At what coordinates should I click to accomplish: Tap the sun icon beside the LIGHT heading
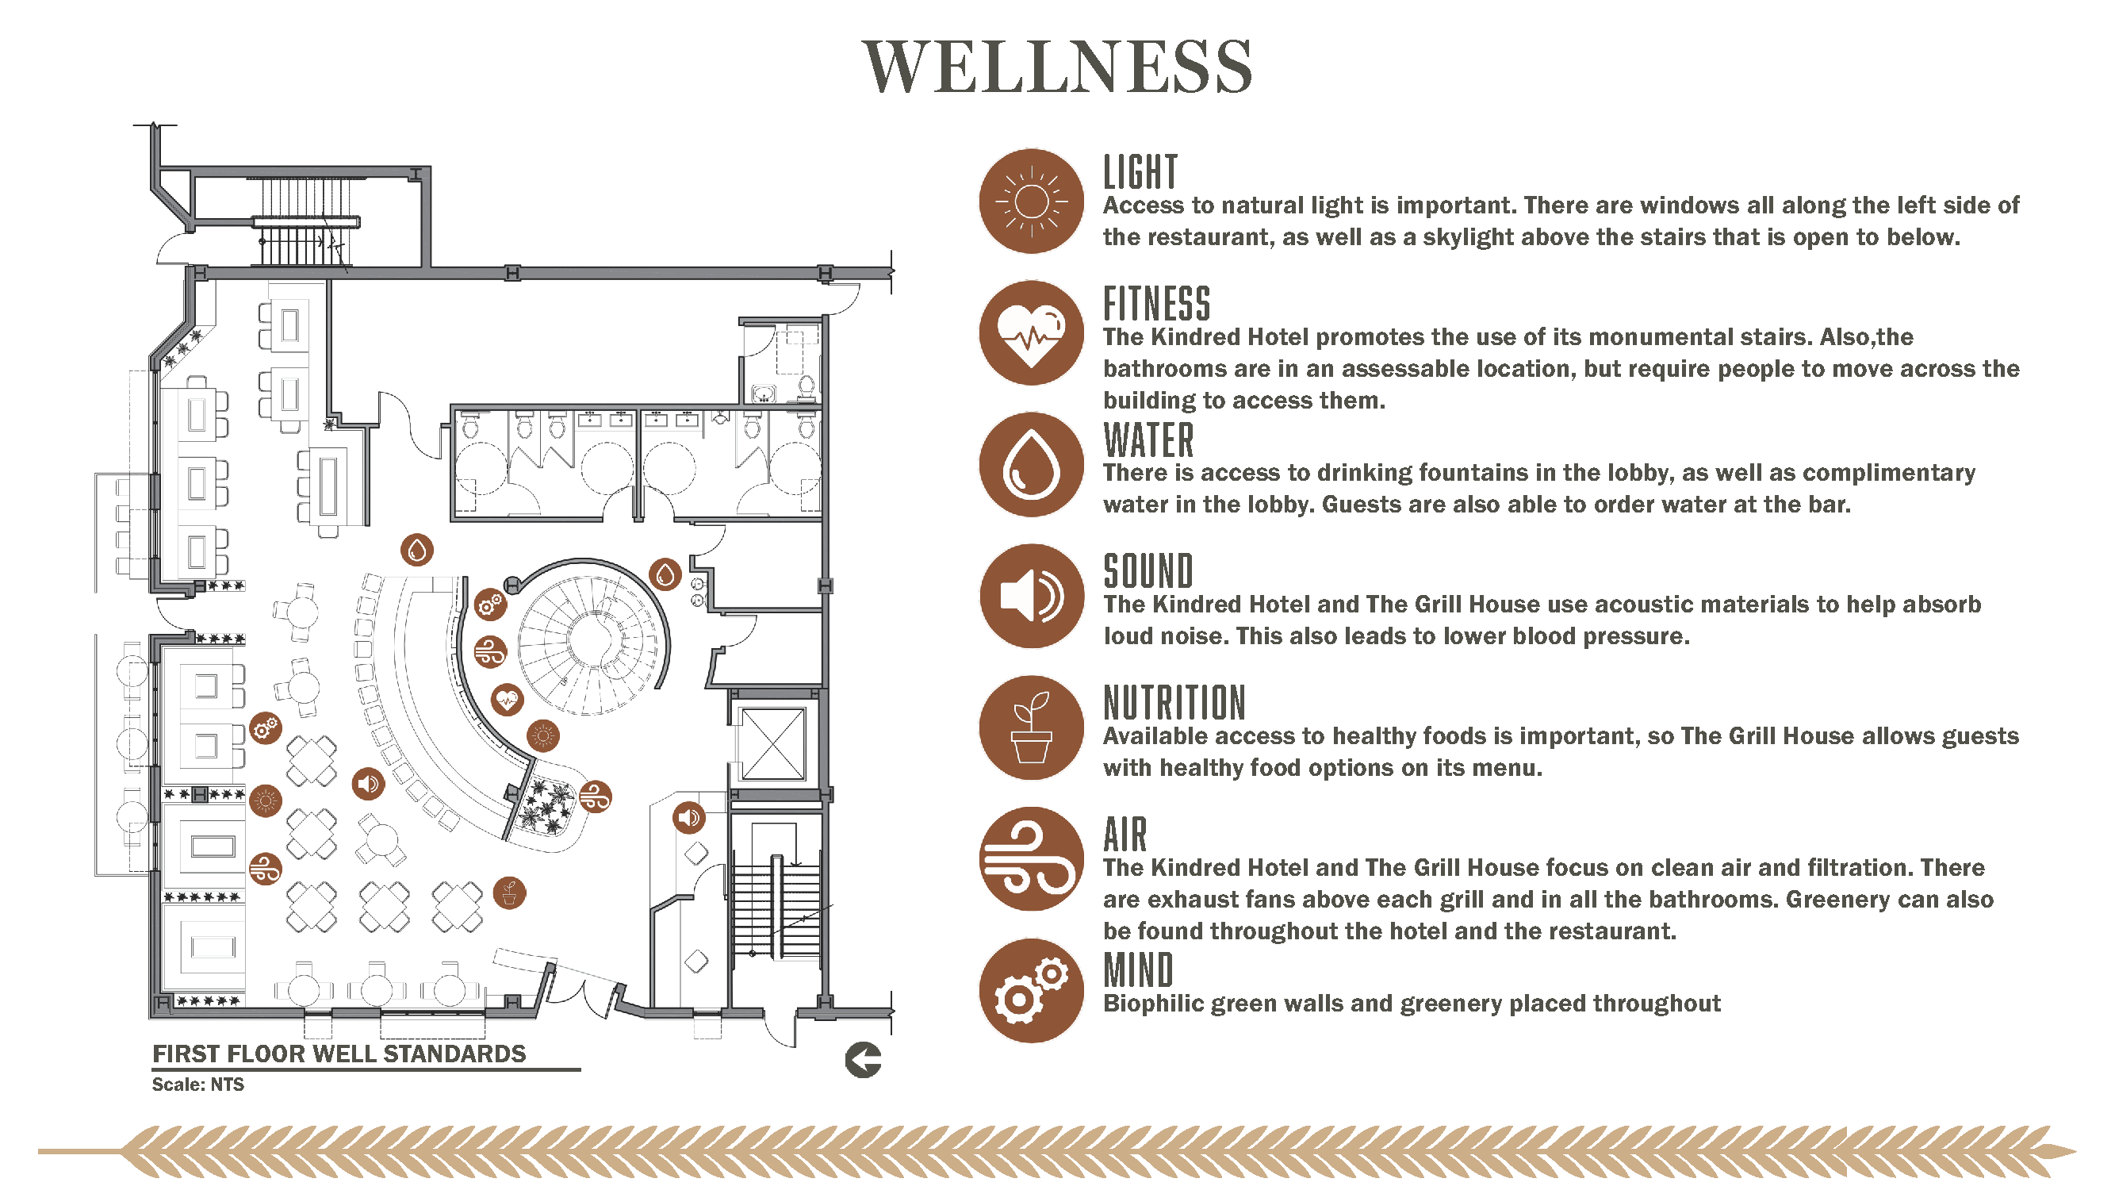[x=1031, y=202]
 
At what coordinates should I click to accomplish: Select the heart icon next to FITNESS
[x=1031, y=332]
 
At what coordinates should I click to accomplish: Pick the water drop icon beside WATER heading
[x=1031, y=465]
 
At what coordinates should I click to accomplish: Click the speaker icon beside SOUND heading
[x=1031, y=597]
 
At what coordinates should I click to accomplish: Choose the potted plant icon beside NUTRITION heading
[x=1031, y=727]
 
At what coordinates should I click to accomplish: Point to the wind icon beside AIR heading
[x=1031, y=859]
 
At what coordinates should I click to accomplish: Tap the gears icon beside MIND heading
[x=1031, y=990]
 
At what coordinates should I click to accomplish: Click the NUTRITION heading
[x=1174, y=703]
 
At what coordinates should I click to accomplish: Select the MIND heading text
[x=1138, y=970]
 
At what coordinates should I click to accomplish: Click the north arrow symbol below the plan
[x=863, y=1060]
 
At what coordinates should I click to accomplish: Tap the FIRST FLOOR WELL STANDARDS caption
[x=339, y=1054]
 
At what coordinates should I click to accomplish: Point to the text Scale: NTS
[x=198, y=1084]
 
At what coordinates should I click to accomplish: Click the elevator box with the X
[x=772, y=744]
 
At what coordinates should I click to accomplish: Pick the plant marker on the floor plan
[x=509, y=892]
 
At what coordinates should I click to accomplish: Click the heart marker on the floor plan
[x=507, y=701]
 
